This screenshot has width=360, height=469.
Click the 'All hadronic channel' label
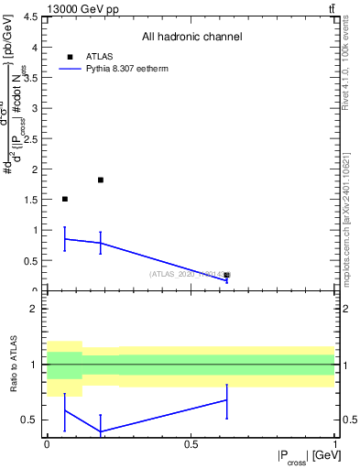191,37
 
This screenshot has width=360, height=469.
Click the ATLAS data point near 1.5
64,199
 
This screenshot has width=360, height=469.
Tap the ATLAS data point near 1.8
100,180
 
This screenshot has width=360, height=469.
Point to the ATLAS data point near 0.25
226,275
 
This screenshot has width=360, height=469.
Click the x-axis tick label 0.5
191,444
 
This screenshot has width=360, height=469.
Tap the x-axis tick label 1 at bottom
334,444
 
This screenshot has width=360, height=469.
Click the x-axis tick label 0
47,444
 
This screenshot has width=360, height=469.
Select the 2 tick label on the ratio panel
35,309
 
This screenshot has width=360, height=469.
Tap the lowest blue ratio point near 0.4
100,431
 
